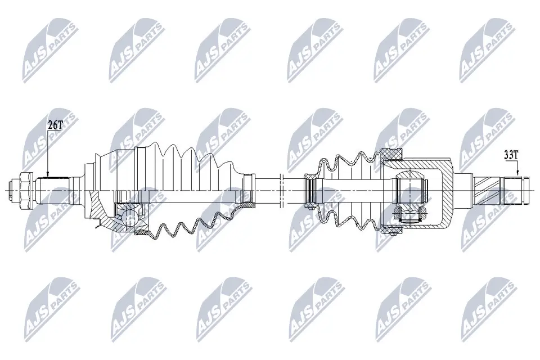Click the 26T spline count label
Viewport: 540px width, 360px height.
tap(54, 125)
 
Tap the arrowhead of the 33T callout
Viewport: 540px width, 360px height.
tap(518, 175)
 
